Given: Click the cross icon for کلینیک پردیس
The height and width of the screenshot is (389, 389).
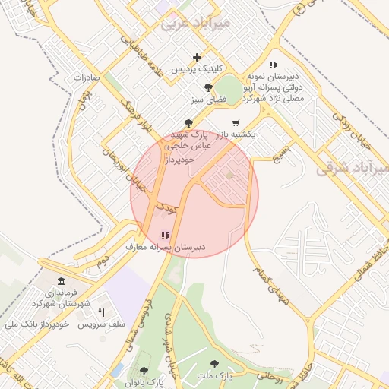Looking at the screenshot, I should point(198,57).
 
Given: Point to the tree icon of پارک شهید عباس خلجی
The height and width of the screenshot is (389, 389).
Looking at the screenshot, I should point(188,122).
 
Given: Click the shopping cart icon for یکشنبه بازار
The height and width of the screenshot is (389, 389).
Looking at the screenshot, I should point(236,122).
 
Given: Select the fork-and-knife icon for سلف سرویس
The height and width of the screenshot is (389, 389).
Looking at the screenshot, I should point(101,312).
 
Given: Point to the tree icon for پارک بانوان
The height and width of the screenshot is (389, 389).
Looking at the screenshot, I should point(144,371).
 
